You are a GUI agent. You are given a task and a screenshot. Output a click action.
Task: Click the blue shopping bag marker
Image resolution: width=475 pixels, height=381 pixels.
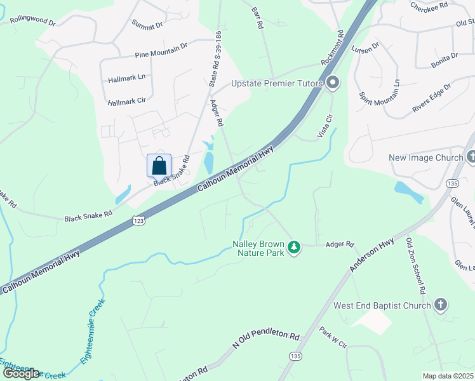[159, 166]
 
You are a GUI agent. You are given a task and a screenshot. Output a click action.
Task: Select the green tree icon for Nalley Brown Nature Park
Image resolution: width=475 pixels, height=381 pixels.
[293, 246]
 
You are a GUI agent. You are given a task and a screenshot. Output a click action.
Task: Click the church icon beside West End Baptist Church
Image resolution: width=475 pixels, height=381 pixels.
[441, 305]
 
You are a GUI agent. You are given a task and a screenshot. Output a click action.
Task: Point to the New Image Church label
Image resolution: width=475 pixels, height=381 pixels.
[425, 157]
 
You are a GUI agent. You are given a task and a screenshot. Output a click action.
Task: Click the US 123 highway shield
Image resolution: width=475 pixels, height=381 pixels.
[139, 220]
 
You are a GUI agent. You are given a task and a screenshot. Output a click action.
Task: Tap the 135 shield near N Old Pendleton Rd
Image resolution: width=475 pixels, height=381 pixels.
[295, 355]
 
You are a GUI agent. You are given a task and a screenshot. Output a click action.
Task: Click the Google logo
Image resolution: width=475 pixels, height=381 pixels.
[21, 373]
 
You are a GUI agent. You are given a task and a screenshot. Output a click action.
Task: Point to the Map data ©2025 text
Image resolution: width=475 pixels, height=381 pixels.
[448, 376]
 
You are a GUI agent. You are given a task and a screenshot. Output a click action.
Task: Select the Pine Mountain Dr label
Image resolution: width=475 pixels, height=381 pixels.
[161, 51]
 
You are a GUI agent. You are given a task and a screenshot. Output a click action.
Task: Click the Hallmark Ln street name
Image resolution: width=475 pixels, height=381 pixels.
[127, 77]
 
